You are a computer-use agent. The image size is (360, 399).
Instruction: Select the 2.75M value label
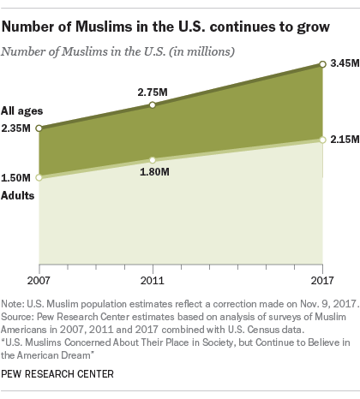[x=151, y=89]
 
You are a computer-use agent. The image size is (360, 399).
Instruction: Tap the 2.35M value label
[x=18, y=128]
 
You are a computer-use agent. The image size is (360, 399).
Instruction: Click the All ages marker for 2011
[x=152, y=104]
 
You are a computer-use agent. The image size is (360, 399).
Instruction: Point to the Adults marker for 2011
[x=152, y=159]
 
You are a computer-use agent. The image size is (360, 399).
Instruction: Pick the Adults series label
[x=19, y=196]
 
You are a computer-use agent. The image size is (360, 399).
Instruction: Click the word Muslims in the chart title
[x=104, y=27]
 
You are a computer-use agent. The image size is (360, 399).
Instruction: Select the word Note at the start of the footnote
[x=14, y=306]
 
